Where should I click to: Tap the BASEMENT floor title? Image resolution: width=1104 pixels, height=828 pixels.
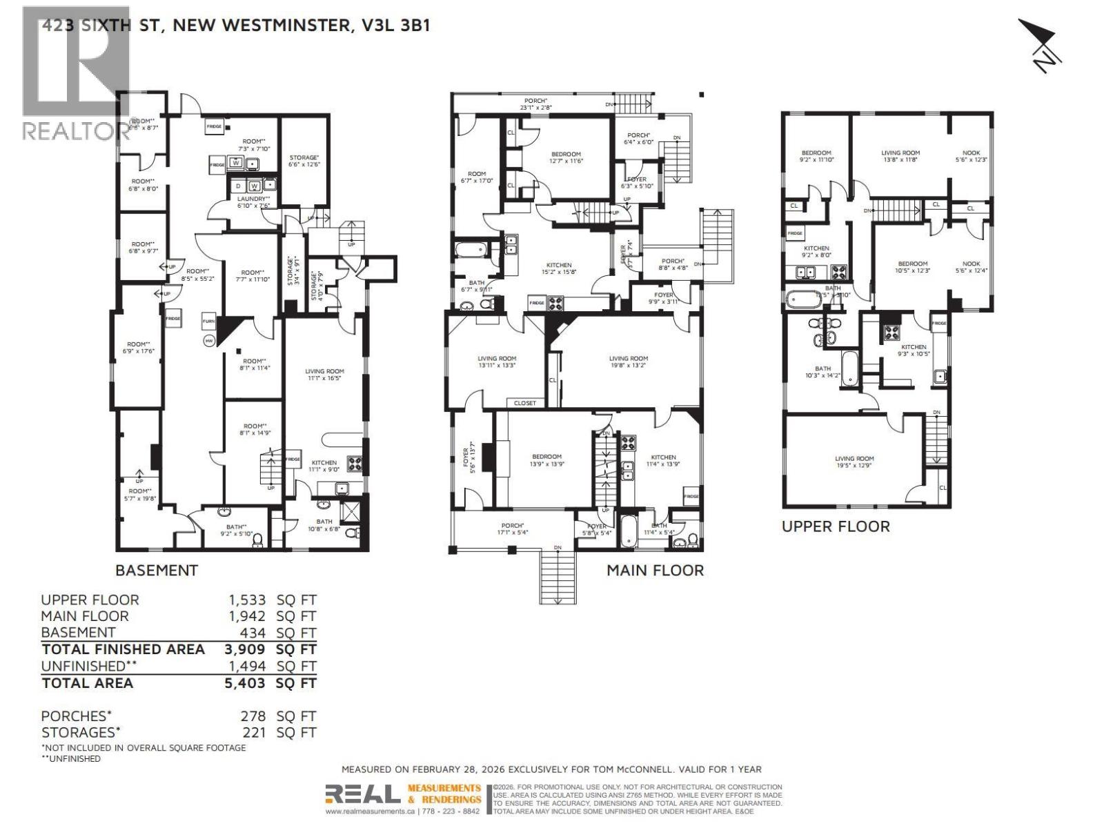coord(157,571)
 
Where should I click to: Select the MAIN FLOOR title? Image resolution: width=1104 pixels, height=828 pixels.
coord(655,571)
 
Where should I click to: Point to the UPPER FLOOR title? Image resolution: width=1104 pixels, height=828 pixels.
coord(836,526)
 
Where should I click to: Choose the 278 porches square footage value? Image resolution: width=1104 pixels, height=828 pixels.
coord(253,716)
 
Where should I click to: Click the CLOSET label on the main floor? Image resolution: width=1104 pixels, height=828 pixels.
coord(525,403)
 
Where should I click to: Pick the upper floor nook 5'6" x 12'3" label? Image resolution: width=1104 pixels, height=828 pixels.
coord(971,157)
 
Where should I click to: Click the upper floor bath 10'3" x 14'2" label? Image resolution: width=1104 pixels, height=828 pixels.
coord(822,373)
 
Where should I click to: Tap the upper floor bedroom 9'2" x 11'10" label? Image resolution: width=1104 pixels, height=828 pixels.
coord(816,157)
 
